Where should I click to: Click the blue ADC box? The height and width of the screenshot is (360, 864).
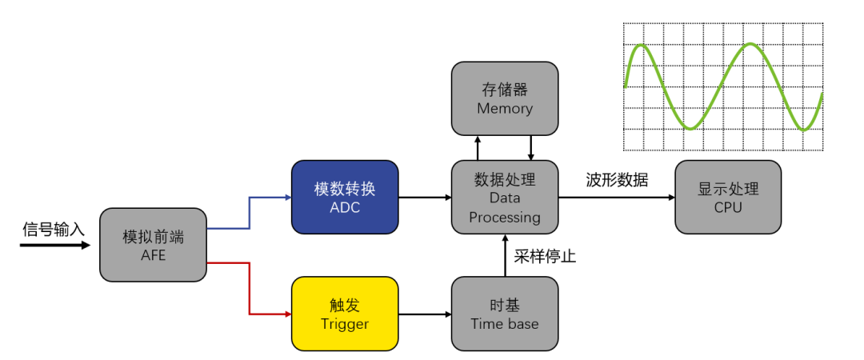[345, 198]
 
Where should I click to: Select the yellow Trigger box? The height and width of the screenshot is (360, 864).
[345, 313]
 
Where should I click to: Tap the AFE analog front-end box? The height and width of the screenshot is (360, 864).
[153, 245]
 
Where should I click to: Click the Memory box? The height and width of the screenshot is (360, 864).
[505, 98]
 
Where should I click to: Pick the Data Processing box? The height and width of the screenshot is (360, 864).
[505, 197]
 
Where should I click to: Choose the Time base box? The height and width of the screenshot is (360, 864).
[505, 313]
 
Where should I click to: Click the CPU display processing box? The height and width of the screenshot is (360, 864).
[728, 198]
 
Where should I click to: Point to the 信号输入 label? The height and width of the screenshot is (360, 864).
[53, 230]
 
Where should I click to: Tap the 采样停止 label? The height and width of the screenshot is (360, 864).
[545, 257]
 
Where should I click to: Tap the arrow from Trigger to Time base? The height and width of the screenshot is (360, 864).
[424, 314]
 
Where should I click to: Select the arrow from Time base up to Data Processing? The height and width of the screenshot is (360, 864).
[505, 256]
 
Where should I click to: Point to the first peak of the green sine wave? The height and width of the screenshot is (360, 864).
[640, 45]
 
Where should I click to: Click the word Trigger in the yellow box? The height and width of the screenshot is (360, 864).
[345, 323]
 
